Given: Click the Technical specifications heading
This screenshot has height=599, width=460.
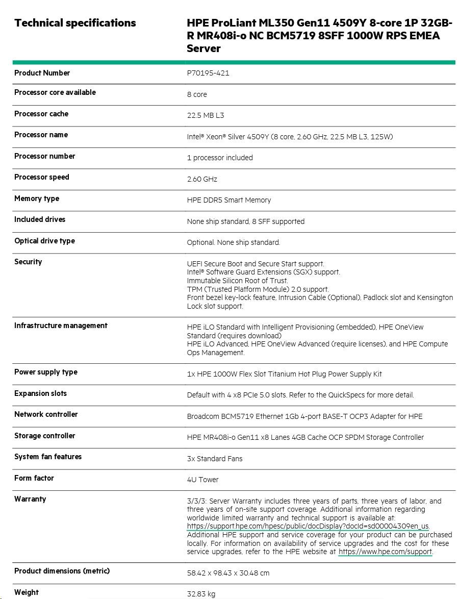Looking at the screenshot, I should click(x=75, y=23).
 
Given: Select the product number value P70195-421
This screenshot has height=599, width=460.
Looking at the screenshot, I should click(x=208, y=73).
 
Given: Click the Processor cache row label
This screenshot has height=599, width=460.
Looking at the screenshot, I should click(x=41, y=114).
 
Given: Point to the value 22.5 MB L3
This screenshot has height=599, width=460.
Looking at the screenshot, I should click(x=206, y=115).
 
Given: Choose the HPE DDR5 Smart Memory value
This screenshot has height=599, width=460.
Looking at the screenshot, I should click(x=229, y=200).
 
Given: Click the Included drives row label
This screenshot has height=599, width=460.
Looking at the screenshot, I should click(x=40, y=219).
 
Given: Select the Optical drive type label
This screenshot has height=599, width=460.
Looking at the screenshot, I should click(x=44, y=241).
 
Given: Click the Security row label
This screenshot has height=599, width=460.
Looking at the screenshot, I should click(x=28, y=262).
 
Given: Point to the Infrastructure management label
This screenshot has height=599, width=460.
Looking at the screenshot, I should click(x=61, y=326).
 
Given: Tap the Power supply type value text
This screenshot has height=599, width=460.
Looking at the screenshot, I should click(x=284, y=374).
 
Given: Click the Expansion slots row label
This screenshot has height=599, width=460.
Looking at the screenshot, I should click(x=40, y=393).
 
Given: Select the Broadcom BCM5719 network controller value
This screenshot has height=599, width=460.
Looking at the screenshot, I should click(x=304, y=416).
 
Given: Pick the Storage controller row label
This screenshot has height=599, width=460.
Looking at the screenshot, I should click(x=44, y=436).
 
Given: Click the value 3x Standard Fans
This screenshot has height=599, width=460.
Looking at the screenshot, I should click(x=215, y=459).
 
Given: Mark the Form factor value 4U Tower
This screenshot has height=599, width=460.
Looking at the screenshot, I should click(x=202, y=480).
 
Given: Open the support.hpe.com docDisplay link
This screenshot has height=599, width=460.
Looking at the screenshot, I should click(x=308, y=527).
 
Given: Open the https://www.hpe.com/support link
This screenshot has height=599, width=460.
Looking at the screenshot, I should click(x=385, y=552).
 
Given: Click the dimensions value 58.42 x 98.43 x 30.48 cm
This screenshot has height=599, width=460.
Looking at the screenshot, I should click(x=228, y=573).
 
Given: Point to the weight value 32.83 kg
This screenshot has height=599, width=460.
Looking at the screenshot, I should click(x=201, y=594).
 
